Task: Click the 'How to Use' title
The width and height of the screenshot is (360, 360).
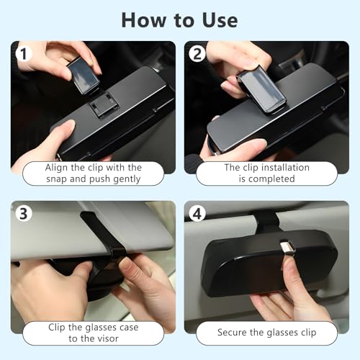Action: pyautogui.click(x=179, y=19)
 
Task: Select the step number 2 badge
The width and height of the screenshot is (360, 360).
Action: pyautogui.click(x=196, y=55)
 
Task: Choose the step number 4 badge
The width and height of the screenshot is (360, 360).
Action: pyautogui.click(x=196, y=214)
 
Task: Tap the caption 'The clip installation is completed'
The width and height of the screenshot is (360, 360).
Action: pyautogui.click(x=266, y=173)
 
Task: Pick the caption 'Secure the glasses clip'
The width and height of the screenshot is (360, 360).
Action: pyautogui.click(x=266, y=333)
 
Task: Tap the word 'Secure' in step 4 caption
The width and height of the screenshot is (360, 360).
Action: pyautogui.click(x=233, y=333)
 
